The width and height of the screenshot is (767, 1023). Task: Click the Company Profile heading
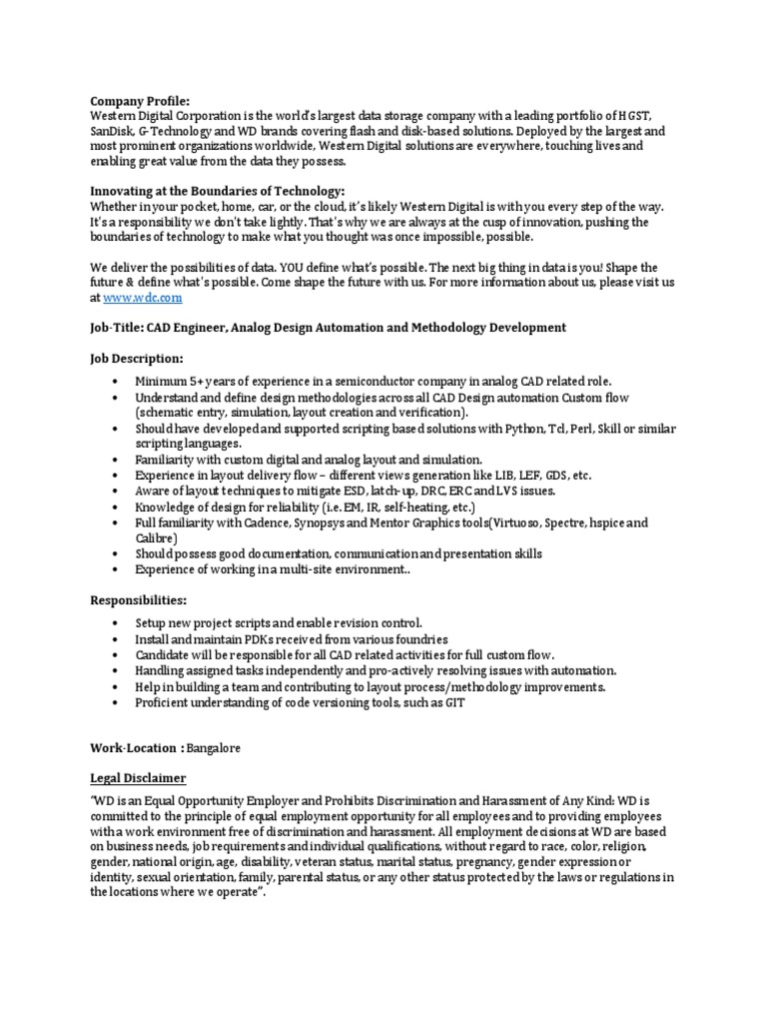tap(139, 101)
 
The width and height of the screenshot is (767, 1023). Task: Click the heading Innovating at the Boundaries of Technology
tap(218, 191)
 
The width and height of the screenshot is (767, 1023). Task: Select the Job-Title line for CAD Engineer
tap(329, 328)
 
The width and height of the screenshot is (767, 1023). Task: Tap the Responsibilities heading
tap(139, 599)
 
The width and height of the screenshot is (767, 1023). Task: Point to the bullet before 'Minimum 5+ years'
tap(117, 383)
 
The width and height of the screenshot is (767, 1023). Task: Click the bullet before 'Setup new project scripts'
tap(117, 623)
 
